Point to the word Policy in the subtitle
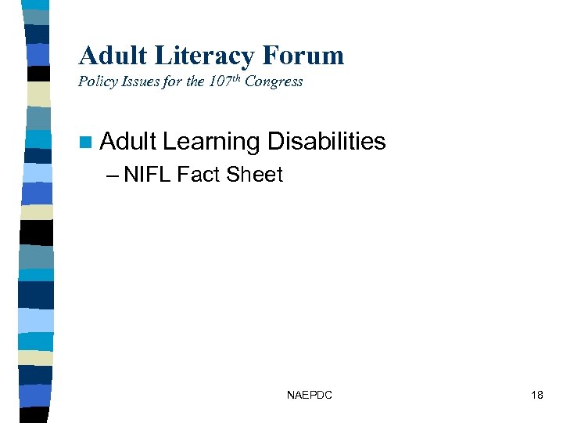(x=97, y=82)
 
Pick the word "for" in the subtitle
(x=171, y=82)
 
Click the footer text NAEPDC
(x=309, y=396)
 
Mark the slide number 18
(x=536, y=396)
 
